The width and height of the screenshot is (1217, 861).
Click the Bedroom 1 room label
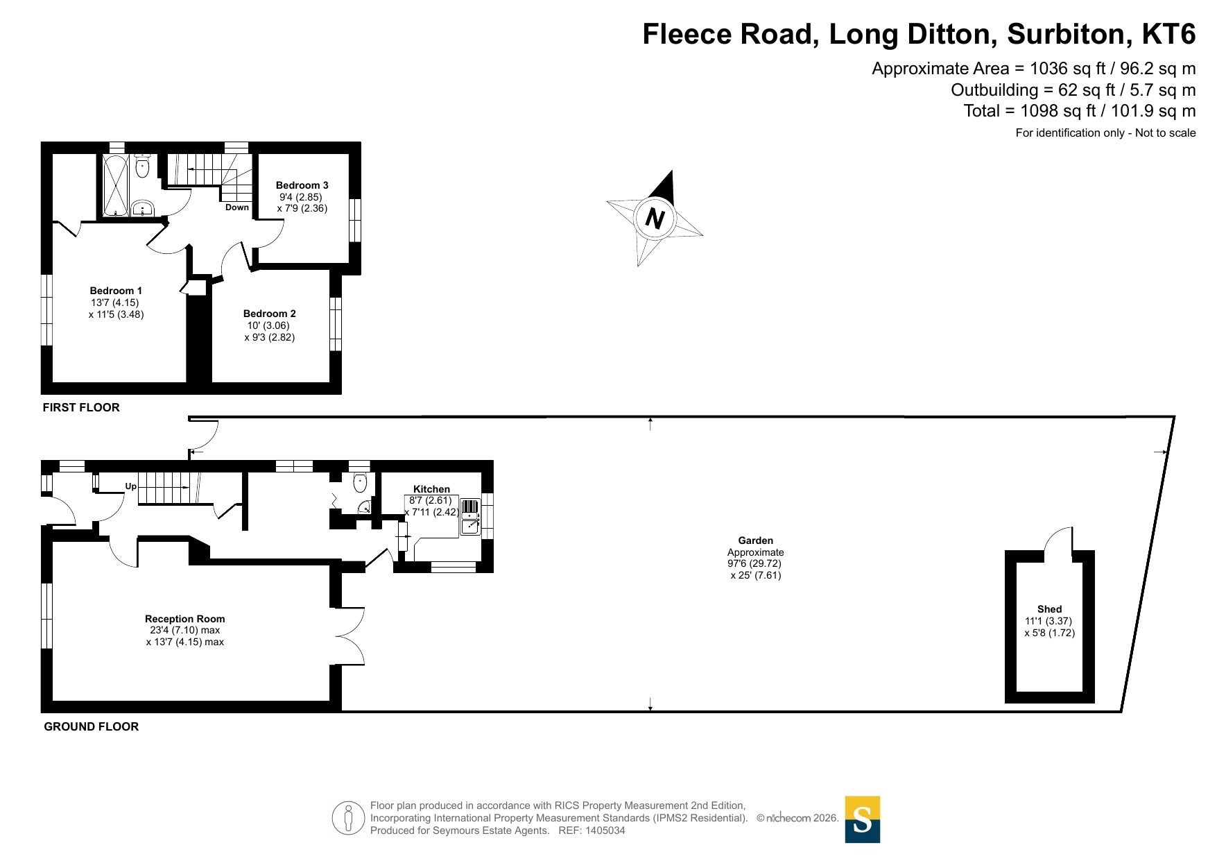[x=116, y=291]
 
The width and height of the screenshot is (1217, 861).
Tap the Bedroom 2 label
[x=270, y=314]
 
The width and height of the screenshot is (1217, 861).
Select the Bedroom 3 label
[x=302, y=185]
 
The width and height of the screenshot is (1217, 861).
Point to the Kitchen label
[x=431, y=489]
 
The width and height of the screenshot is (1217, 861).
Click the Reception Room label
[x=185, y=619]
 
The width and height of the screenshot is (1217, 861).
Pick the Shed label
[x=1050, y=609]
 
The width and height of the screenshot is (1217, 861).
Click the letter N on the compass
[x=655, y=219]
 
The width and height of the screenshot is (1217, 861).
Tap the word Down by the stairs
[x=237, y=207]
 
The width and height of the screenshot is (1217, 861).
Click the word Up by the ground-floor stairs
[x=131, y=486]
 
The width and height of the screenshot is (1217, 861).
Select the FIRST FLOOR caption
[x=81, y=407]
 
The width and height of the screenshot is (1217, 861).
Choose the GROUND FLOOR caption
[x=92, y=726]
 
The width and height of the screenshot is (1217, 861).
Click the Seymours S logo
[x=863, y=819]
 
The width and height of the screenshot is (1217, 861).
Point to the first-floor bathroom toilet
[x=142, y=166]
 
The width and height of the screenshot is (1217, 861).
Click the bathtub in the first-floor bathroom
[x=116, y=185]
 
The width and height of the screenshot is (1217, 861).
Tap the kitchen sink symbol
[x=470, y=517]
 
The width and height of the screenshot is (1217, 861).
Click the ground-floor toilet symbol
[x=360, y=482]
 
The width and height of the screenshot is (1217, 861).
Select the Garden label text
[x=756, y=540]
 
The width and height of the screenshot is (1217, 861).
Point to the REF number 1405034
[x=605, y=830]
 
